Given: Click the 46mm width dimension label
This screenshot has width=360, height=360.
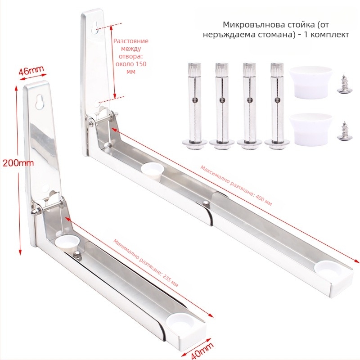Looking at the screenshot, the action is (31, 71).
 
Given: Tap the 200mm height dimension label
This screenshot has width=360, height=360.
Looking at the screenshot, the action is (18, 163).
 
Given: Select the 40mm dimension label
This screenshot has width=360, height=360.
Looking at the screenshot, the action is (202, 350).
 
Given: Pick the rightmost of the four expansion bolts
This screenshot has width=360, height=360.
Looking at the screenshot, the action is (277, 106).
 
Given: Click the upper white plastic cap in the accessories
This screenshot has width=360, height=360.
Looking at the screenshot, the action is (310, 83).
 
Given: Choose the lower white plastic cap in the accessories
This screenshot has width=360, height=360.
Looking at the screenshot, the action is (310, 130).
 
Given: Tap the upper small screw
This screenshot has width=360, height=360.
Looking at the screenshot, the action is (343, 85).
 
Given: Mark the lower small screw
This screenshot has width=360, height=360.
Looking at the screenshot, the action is (343, 131).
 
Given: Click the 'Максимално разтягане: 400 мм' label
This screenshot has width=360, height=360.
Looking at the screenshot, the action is (236, 185).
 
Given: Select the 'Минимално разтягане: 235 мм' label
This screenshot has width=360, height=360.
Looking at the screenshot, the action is (146, 263).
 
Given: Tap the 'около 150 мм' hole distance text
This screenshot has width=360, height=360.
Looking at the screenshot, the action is (131, 67).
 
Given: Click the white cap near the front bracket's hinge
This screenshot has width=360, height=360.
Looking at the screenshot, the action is (67, 243).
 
